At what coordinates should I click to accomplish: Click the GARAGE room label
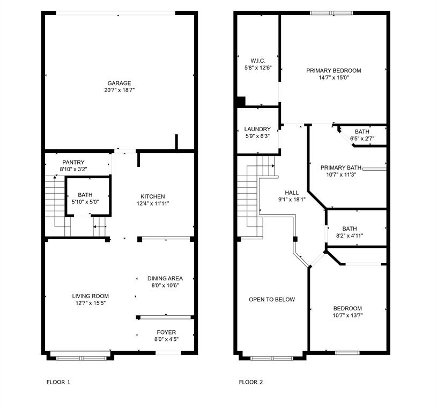pos(119,83)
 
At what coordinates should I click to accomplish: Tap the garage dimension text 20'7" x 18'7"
pos(119,90)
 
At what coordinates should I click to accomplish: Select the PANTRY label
pos(73,163)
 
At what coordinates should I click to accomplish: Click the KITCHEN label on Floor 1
pos(153,196)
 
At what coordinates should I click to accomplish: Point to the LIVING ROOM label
pos(91,296)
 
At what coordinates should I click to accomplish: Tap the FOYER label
pos(166,332)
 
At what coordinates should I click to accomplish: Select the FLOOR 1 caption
pos(58,382)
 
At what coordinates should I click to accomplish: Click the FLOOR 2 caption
pos(251,382)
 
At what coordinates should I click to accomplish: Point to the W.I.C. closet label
pos(258,60)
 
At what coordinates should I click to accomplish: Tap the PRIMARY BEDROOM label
pos(334,70)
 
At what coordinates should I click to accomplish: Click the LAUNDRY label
pos(257,129)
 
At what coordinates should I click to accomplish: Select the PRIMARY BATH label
pos(341,166)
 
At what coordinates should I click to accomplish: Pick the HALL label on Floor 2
pos(292,193)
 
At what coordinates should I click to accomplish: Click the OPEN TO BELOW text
pos(272,299)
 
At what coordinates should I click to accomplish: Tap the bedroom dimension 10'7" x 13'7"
pos(347,315)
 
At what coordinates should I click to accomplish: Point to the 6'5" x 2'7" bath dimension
pos(362,139)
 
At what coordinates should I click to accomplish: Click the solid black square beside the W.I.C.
pos(241,101)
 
